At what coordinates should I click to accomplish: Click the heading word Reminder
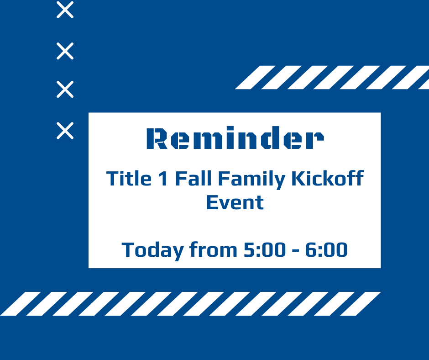point(235,139)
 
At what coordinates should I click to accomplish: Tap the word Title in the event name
point(129,178)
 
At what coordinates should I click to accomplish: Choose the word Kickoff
point(327,178)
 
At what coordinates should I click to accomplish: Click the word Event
point(235,202)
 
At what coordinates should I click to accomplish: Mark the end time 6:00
point(326,250)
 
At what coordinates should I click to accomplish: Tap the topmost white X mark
point(65,10)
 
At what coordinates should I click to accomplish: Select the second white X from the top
point(65,51)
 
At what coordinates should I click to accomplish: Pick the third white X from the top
point(65,90)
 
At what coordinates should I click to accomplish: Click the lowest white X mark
point(65,131)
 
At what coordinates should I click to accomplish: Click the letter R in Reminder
point(157,139)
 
